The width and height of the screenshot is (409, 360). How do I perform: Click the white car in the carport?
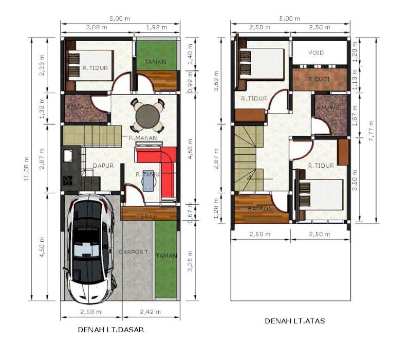point(90,249)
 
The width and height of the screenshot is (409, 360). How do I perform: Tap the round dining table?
point(147,116)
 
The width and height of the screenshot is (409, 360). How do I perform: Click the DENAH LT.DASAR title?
point(111,330)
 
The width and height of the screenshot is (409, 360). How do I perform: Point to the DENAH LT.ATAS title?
point(295,321)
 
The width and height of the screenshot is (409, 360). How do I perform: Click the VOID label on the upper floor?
point(316,53)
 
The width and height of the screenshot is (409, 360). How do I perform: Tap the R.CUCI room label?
point(319,79)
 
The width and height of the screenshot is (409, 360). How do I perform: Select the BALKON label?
point(261,209)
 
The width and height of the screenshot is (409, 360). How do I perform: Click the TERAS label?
point(147,217)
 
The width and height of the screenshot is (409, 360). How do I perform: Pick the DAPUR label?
point(103,166)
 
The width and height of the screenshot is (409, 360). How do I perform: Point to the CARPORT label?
point(133,252)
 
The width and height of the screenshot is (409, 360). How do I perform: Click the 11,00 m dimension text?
point(26,169)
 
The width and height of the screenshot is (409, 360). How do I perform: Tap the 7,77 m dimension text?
point(371,131)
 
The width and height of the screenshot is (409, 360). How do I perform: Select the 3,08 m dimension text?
point(97,27)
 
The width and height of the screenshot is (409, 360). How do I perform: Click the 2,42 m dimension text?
point(151,312)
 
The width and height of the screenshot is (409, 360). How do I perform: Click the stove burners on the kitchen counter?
point(67,181)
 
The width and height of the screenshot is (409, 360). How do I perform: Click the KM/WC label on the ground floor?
point(79,107)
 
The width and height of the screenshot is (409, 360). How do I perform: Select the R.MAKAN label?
point(143,138)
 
